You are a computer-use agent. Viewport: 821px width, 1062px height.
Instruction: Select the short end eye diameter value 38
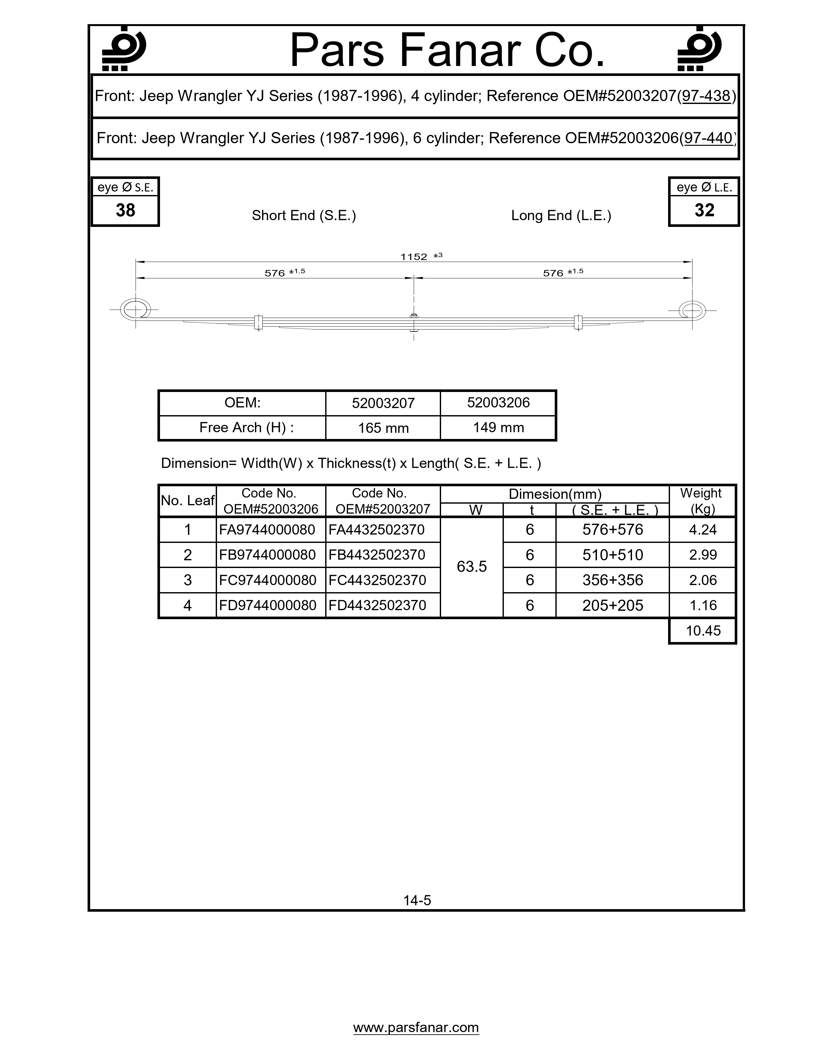coord(126,210)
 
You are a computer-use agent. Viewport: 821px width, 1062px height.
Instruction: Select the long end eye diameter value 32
coord(704,210)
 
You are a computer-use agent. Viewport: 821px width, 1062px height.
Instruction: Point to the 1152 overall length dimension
coord(414,257)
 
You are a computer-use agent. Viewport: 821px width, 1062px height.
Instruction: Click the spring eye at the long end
coord(692,310)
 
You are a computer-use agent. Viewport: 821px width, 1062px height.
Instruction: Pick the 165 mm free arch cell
coord(383,428)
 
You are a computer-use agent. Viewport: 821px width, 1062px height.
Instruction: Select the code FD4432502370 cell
coord(377,605)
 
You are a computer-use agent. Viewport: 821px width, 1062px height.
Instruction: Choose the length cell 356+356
coord(613,580)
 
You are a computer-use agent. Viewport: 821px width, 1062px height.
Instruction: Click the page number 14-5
coord(417,900)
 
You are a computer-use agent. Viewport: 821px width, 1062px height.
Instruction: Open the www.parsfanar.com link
coord(416,1028)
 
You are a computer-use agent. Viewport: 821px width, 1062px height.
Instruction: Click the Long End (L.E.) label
coord(561,215)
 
